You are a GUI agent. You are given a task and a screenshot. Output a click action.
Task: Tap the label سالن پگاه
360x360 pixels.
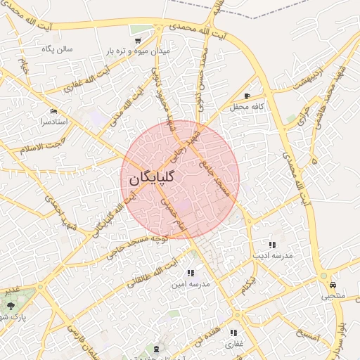point(58,49)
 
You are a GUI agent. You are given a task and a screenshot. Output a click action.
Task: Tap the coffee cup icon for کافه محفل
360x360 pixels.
point(246,96)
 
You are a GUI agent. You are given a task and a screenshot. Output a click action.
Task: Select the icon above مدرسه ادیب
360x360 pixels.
point(272,245)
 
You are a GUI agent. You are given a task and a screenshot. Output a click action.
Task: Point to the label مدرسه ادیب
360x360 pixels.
point(272,256)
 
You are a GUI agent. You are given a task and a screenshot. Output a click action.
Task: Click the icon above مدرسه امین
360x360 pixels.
point(190,273)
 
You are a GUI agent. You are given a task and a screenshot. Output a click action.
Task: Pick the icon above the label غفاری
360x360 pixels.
point(233,333)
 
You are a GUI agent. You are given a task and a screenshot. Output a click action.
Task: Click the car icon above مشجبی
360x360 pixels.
point(331,285)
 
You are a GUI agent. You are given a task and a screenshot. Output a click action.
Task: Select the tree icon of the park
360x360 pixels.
point(11,305)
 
